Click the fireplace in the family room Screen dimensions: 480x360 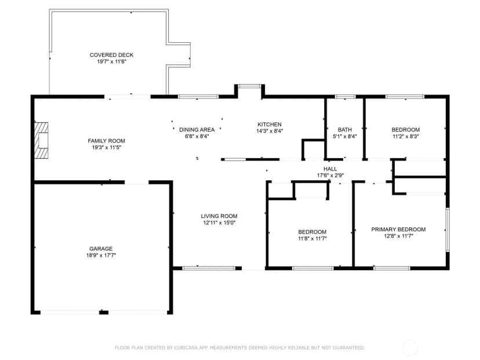(41, 140)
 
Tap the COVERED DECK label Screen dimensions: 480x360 (111, 55)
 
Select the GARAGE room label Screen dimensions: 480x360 (101, 249)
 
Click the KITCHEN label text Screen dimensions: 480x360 (270, 124)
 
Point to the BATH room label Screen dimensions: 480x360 (345, 130)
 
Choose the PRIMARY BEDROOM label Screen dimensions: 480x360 (398, 230)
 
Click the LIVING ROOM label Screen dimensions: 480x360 (219, 216)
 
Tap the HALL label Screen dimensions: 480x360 (330, 169)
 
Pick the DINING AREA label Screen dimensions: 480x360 (197, 130)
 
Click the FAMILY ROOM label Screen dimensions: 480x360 (106, 141)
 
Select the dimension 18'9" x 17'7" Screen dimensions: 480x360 (101, 255)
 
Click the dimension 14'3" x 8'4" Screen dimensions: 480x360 (270, 131)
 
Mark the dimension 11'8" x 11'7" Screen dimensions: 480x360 (312, 238)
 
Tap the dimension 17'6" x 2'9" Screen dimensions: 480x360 (330, 176)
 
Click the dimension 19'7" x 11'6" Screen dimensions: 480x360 (112, 62)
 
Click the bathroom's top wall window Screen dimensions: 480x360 (346, 97)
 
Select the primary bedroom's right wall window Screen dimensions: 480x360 (447, 230)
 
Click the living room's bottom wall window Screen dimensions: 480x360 (209, 268)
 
